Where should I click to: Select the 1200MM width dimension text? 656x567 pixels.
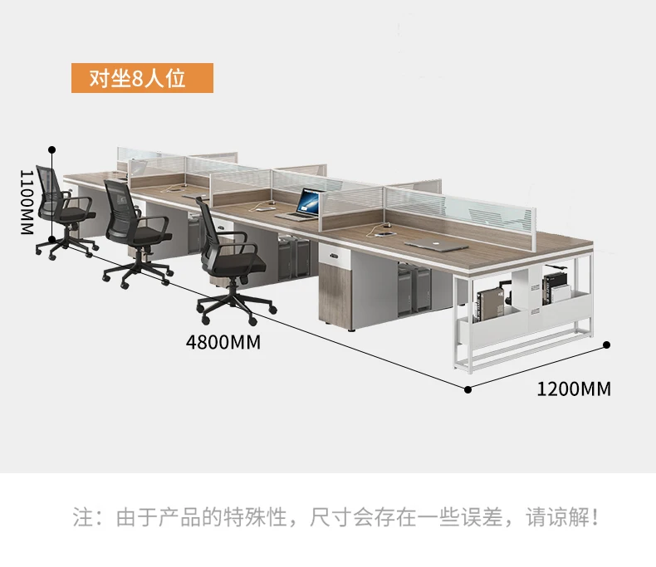574,388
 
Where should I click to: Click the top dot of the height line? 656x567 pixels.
51,150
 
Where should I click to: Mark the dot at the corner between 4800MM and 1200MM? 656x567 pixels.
468,389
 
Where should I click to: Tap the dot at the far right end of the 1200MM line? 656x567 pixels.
609,342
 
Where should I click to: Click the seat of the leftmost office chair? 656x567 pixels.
71,213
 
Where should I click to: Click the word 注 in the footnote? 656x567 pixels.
81,519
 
